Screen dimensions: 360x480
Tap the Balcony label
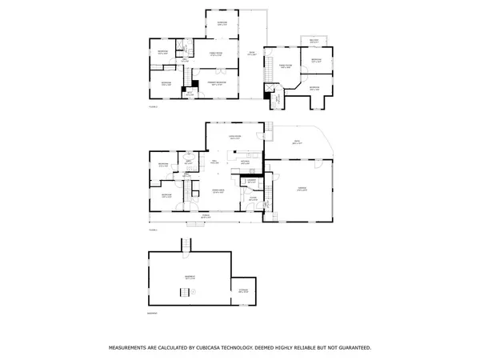coord(314,41)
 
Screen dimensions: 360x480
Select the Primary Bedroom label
coord(215,82)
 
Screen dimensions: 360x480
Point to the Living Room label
coord(235,138)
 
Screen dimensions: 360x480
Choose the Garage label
coord(301,188)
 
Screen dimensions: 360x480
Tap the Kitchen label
coord(246,162)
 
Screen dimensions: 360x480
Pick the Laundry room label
coord(251,182)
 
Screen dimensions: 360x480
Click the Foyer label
coord(252,198)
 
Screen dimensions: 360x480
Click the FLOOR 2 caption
coord(152,106)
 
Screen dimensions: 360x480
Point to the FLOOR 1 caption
coord(152,229)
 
